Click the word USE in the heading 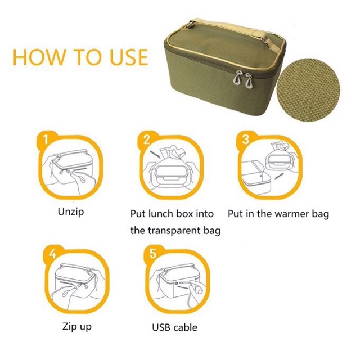(129, 57)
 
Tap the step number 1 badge (46, 139)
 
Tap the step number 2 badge (146, 139)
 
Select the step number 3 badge (245, 139)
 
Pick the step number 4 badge (52, 253)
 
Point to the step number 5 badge (153, 253)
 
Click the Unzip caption (71, 212)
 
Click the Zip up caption (77, 326)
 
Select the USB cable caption (175, 327)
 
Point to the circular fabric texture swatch (308, 90)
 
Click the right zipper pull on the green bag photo (249, 80)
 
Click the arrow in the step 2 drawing (155, 154)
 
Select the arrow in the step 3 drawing (279, 177)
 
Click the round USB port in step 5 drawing (176, 283)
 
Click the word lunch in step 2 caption (163, 214)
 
